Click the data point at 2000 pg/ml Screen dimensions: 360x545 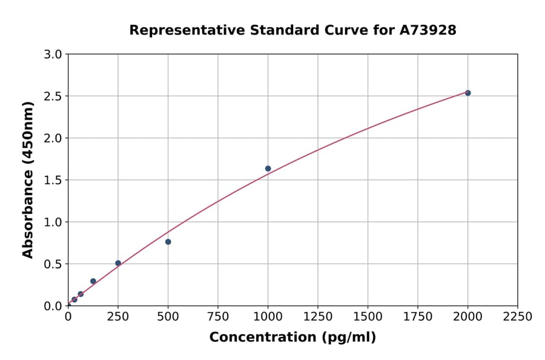click(467, 93)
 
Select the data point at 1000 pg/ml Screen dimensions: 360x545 click(268, 168)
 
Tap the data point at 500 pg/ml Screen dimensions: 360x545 click(168, 242)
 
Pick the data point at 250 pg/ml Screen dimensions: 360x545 click(118, 263)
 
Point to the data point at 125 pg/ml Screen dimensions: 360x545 click(93, 281)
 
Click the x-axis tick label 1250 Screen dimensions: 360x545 click(318, 316)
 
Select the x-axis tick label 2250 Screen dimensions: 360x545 click(518, 316)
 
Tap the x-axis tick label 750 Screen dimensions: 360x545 click(218, 316)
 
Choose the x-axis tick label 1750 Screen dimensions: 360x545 click(418, 316)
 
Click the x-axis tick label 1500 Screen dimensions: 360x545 click(368, 316)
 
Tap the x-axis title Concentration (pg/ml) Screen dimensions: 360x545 click(292, 338)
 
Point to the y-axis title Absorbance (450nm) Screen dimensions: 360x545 click(28, 179)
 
